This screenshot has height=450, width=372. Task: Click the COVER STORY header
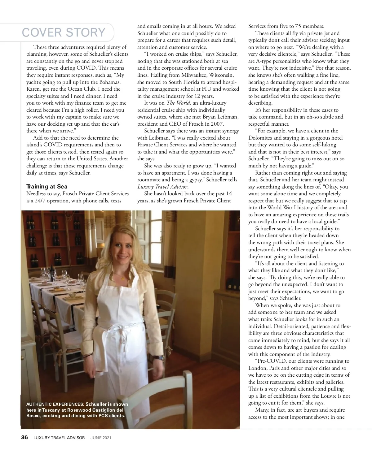tap(64, 32)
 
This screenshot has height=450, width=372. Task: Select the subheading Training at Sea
tap(46, 186)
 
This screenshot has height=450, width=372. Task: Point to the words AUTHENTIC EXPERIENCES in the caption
tap(55, 404)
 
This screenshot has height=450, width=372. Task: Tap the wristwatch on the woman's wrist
tap(160, 357)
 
